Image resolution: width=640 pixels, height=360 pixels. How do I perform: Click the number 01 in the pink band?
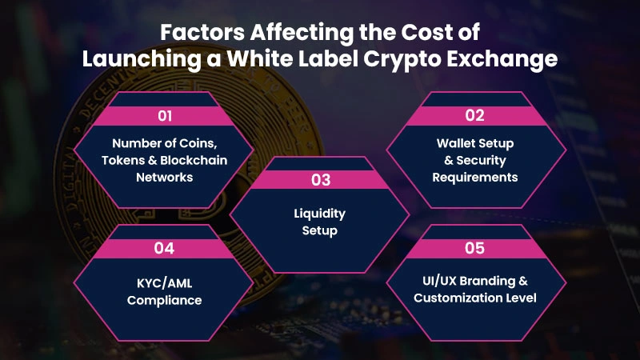coord(165,116)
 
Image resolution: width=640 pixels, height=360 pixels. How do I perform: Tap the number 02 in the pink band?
coord(474,115)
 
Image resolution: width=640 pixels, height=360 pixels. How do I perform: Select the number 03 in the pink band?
coord(320,180)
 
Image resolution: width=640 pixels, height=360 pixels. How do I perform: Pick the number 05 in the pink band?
coord(474,248)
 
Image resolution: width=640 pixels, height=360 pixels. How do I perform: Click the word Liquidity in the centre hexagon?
coord(320,215)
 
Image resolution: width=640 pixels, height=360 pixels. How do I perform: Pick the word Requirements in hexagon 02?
coord(474,176)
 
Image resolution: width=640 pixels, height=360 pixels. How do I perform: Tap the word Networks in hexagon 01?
coord(164,177)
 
